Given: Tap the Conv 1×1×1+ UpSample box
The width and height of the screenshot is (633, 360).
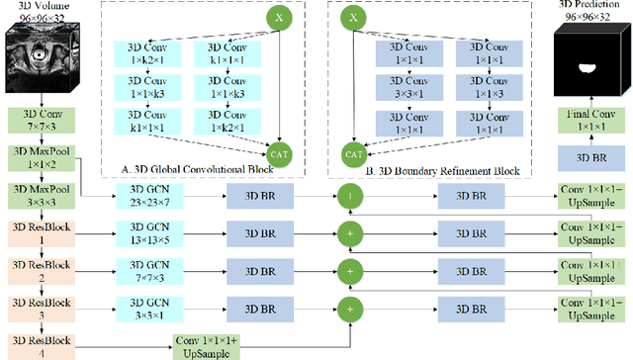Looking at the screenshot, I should (x=206, y=342).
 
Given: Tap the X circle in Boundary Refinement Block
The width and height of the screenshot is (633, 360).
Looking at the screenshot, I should (x=349, y=18).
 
